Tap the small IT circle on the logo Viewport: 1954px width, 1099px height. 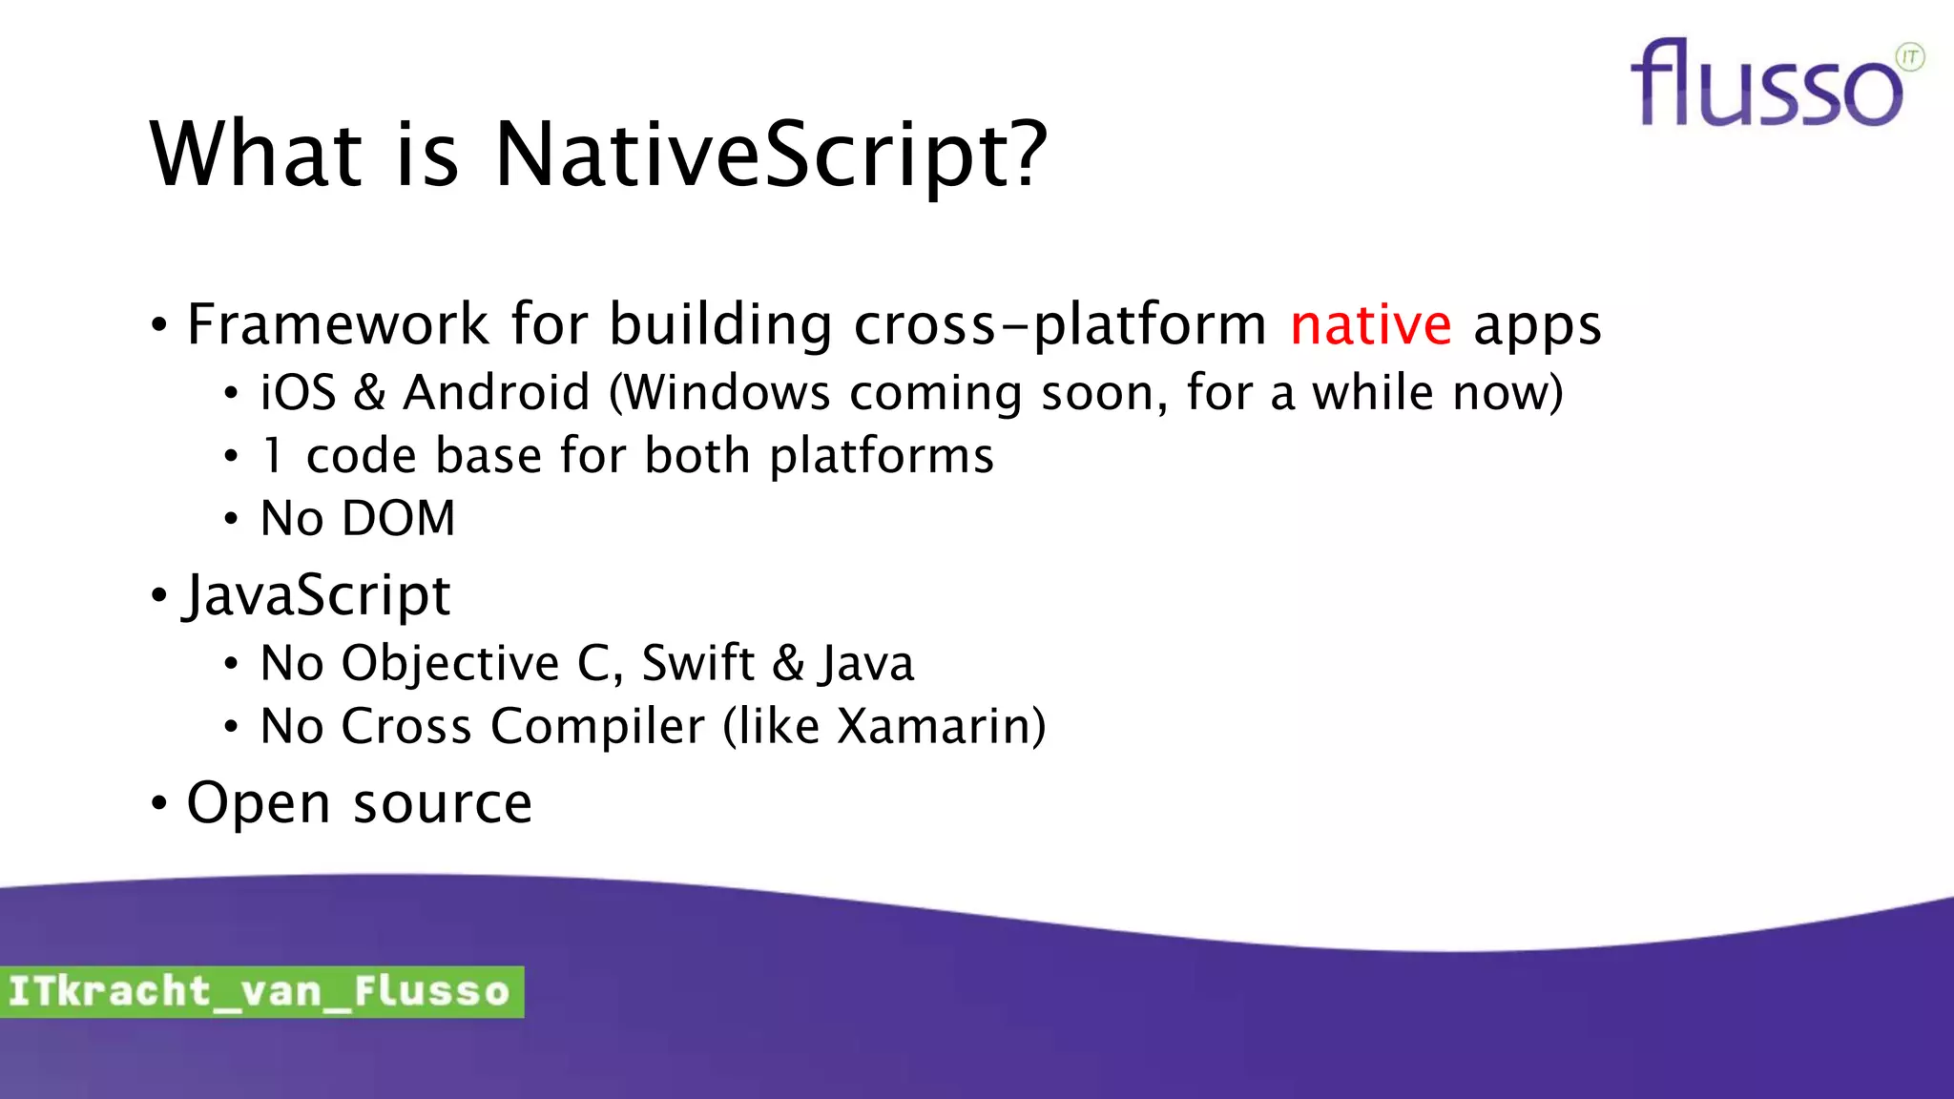coord(1910,57)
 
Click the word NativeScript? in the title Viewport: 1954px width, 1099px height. coord(771,155)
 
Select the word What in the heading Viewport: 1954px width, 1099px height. coord(256,155)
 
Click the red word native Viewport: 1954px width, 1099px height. coord(1370,325)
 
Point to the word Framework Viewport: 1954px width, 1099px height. coord(338,324)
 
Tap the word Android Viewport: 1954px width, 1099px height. coord(496,393)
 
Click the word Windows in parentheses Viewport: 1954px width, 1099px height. coord(727,393)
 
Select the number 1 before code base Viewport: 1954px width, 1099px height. coord(273,456)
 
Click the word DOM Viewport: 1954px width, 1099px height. coord(399,519)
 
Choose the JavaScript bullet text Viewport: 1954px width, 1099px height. coord(317,596)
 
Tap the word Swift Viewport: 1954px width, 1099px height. coord(697,663)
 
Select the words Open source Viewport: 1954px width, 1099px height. coord(359,803)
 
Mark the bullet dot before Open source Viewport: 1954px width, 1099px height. coord(158,803)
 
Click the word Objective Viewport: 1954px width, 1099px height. coord(450,663)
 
